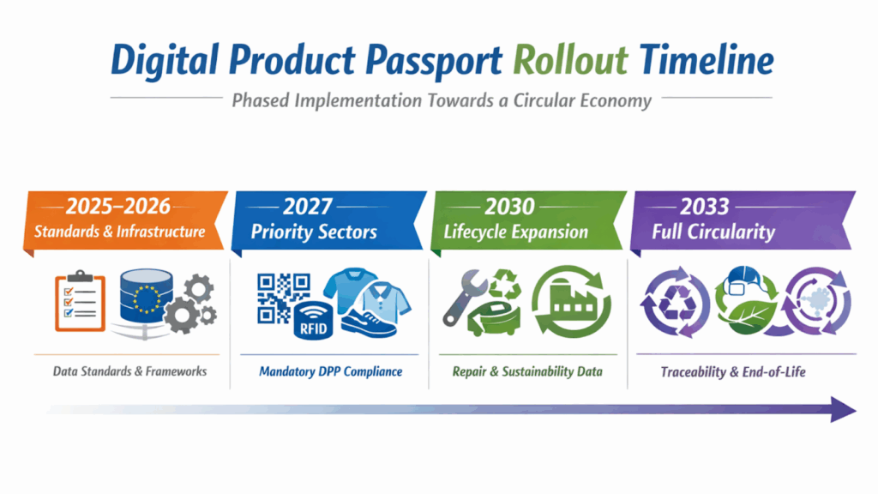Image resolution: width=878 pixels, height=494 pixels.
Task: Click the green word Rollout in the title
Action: coord(570,60)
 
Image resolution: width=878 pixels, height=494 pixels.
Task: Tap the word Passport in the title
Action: coord(434,62)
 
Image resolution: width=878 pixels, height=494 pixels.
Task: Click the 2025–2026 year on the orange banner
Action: coord(118,206)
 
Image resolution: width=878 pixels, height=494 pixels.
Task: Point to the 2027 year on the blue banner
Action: coord(308,207)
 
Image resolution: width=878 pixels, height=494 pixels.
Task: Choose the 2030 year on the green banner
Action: coord(509,207)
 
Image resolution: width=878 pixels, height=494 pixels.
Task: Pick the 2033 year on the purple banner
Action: coord(705,207)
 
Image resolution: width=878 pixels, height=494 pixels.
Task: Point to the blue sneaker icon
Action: coord(369,324)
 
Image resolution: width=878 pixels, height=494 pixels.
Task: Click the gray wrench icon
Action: coord(463,298)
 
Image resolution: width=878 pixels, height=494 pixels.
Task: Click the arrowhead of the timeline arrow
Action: coord(844,409)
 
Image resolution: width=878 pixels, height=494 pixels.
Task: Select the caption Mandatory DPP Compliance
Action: coord(330,372)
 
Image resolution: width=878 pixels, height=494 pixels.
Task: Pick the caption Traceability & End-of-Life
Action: coord(733,372)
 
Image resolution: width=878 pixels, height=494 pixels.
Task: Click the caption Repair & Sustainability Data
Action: coord(527,372)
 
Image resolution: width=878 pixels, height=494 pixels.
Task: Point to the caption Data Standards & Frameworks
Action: coord(130,371)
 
